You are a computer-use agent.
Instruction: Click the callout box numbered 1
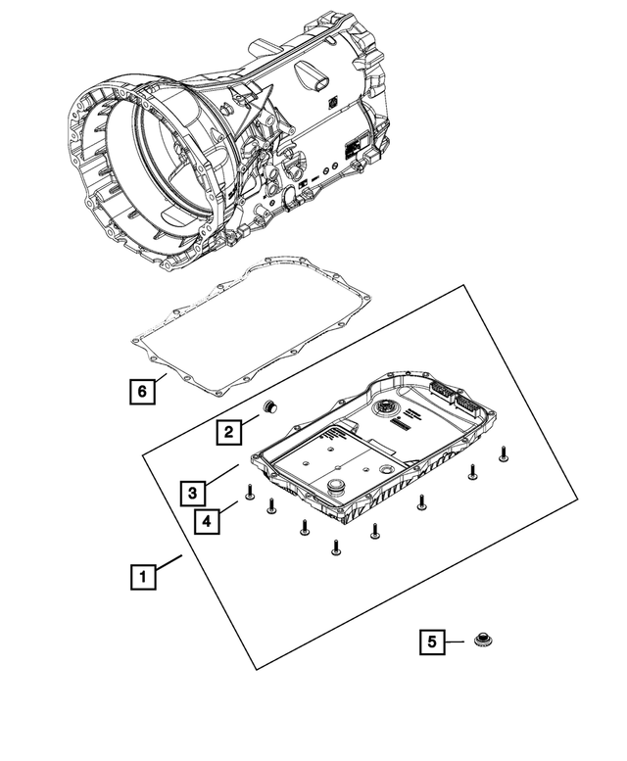tap(143, 577)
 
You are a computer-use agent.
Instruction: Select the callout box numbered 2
tap(227, 431)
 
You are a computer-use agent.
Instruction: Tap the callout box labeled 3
tap(193, 492)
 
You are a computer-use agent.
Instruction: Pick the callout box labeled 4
tap(206, 520)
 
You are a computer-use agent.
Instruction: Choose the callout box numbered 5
tap(430, 642)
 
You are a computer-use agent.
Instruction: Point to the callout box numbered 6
tap(143, 392)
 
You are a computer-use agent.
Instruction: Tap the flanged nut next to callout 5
tap(480, 642)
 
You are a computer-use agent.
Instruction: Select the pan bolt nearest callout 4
tap(250, 492)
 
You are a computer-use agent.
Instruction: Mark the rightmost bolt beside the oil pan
tap(504, 452)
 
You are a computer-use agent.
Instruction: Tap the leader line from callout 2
tap(250, 421)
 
